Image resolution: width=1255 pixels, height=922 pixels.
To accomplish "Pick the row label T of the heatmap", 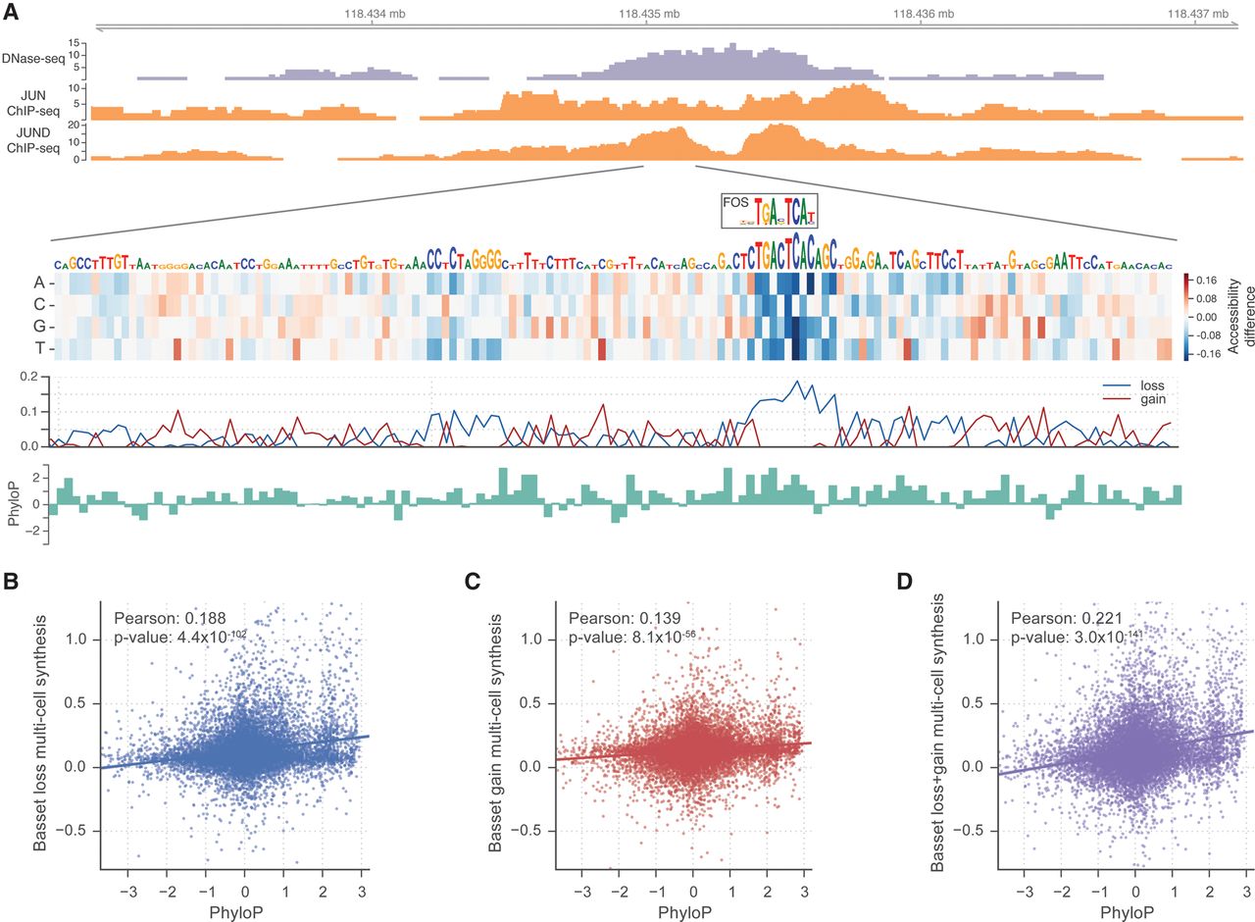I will point(35,347).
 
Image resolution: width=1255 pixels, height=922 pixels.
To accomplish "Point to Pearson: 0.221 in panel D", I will point(1068,618).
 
